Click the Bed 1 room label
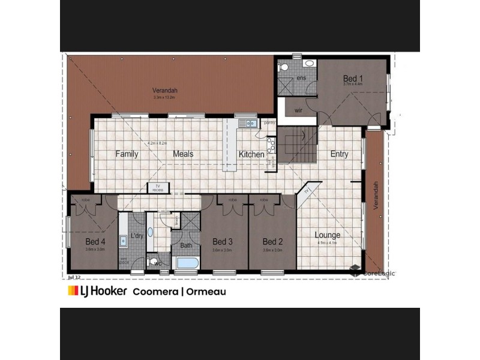tap(353, 79)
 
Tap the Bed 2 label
tap(272, 242)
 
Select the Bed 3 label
tap(222, 242)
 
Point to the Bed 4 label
tap(95, 242)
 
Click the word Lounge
tap(328, 235)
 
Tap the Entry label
tap(339, 154)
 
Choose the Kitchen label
tap(251, 154)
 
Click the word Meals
tap(183, 154)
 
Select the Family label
tap(127, 154)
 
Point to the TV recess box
tap(158, 188)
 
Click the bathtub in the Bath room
tap(187, 262)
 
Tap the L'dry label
tap(137, 236)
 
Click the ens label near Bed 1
tap(301, 79)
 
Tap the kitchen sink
tap(247, 124)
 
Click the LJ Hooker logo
tap(97, 292)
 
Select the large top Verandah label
tap(164, 91)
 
